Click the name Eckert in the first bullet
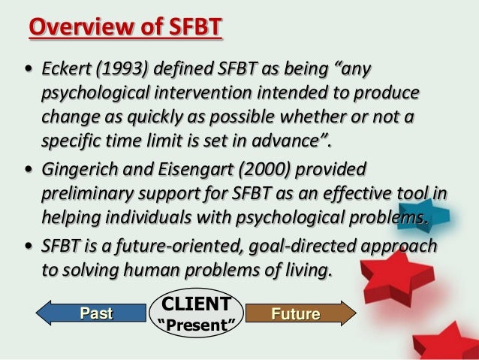point(64,71)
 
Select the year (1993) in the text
point(120,71)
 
